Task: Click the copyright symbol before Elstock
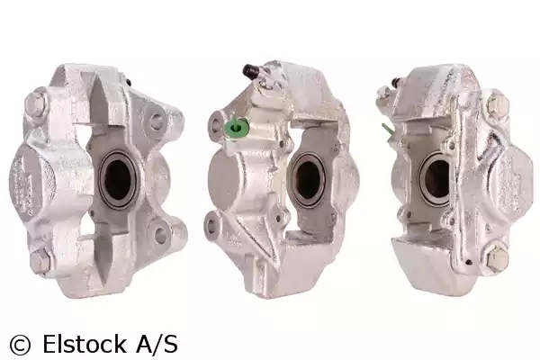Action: click(x=21, y=344)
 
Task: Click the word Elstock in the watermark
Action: click(x=85, y=344)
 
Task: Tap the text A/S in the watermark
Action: click(x=157, y=343)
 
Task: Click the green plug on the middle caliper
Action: click(x=236, y=127)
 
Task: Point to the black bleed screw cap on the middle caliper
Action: click(x=250, y=70)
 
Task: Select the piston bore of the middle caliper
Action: click(x=308, y=179)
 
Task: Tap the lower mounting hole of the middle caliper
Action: click(x=211, y=226)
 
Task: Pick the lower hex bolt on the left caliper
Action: click(x=40, y=260)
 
